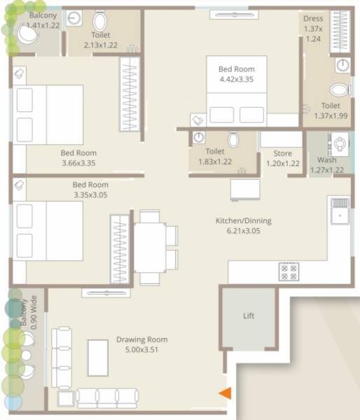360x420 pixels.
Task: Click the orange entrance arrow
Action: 225,394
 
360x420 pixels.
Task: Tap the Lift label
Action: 249,316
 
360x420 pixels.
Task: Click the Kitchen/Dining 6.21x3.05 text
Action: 243,225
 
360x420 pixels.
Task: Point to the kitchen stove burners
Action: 289,270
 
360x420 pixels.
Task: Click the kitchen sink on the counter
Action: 340,211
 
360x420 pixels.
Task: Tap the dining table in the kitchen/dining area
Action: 150,247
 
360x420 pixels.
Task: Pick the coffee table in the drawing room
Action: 97,359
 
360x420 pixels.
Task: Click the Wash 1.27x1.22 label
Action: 326,164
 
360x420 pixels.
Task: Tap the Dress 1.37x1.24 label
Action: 312,28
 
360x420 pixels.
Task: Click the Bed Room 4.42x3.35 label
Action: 236,74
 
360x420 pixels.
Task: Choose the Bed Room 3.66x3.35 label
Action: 78,157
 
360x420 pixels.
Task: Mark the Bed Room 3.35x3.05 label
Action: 90,190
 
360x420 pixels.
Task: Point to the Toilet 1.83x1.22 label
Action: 215,156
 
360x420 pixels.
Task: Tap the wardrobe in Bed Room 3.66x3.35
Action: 130,93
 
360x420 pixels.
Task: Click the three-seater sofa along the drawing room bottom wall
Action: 97,398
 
